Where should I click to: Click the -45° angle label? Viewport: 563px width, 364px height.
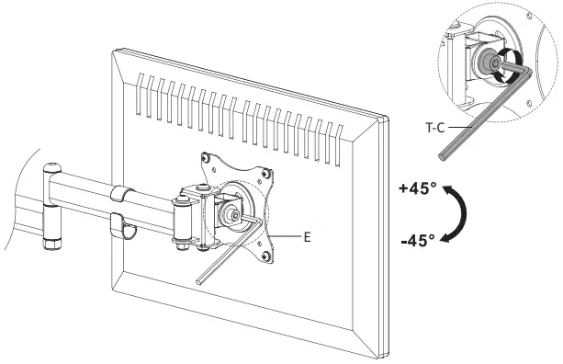417,242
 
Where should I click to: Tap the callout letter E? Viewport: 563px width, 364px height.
307,236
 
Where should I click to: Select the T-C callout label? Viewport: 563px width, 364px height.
436,130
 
